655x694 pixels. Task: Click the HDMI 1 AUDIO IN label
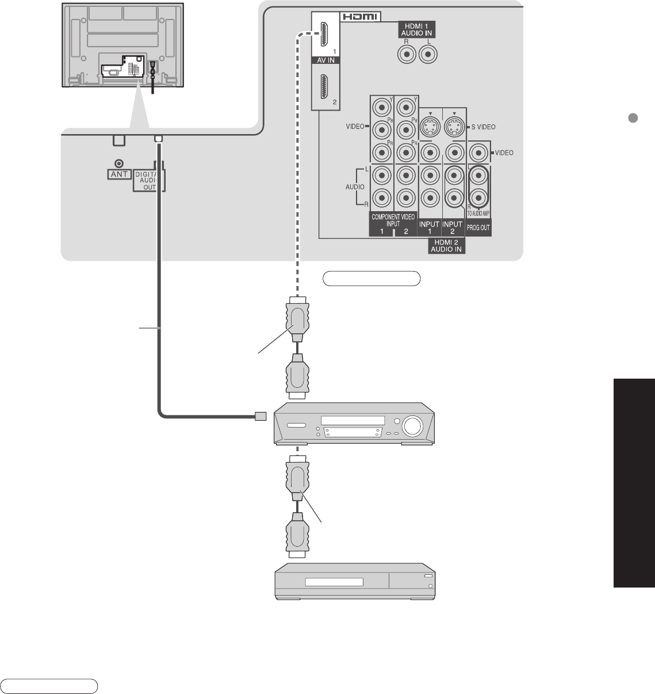(417, 29)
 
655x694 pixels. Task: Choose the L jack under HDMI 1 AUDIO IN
(427, 55)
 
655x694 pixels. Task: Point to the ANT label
(119, 174)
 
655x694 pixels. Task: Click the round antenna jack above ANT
(119, 164)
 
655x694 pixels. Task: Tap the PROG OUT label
(478, 228)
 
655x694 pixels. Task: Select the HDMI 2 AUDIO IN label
(446, 246)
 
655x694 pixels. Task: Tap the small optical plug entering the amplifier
(260, 415)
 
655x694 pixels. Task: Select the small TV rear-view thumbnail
(123, 45)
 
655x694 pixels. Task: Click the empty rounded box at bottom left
(49, 685)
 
